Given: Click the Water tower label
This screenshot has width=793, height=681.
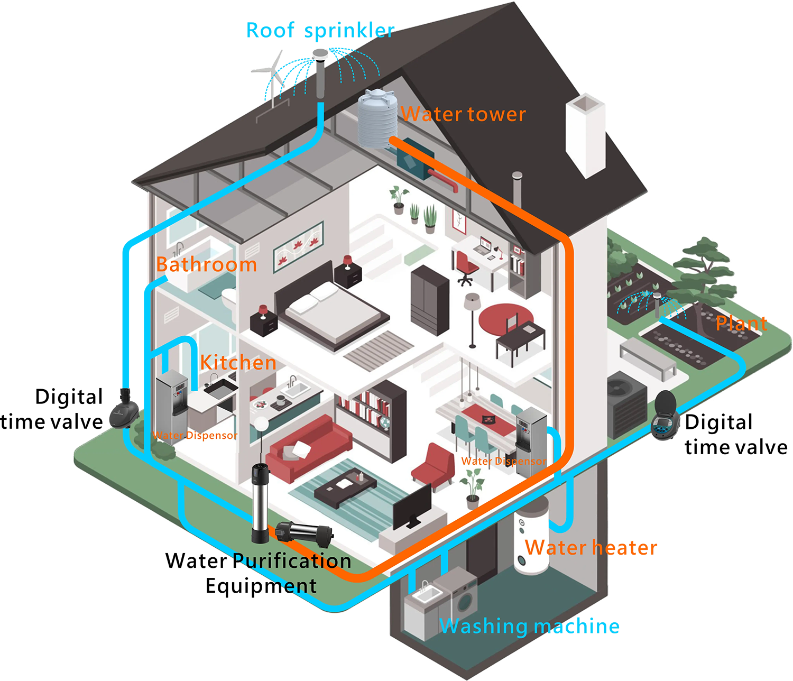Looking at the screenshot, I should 464,114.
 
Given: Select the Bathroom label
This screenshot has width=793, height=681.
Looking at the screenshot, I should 207,264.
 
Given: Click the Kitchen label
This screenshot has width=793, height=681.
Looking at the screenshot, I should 238,363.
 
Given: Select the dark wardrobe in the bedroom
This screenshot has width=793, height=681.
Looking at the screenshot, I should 430,299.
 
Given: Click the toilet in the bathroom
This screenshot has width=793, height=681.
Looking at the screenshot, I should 229,301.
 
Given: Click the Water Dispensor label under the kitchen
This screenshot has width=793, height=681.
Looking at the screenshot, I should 195,436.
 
